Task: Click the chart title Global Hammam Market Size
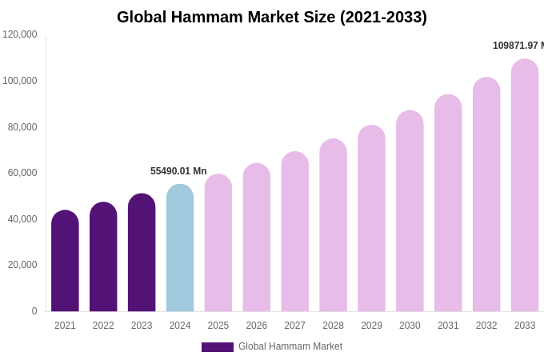[272, 17]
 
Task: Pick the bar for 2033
[525, 186]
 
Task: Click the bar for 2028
[333, 226]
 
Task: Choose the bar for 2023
[142, 253]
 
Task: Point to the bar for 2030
[410, 211]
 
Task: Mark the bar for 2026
[257, 238]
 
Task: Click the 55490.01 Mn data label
[178, 171]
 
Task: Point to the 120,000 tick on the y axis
[20, 34]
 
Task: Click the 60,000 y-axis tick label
[22, 173]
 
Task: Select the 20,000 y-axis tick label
[22, 265]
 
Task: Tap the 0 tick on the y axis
[34, 311]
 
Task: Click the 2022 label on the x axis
[103, 326]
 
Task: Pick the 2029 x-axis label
[371, 326]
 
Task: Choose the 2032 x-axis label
[486, 326]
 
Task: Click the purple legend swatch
[218, 347]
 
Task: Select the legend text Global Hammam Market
[290, 346]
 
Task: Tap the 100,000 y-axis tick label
[20, 81]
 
